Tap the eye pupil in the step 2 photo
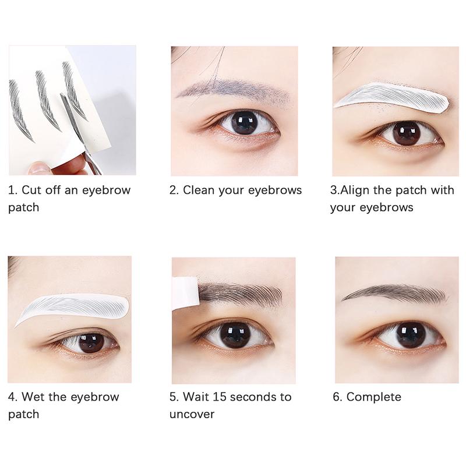click(x=244, y=122)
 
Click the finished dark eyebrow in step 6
click(x=396, y=292)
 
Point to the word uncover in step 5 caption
click(x=192, y=415)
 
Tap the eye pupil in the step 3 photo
click(x=406, y=133)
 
